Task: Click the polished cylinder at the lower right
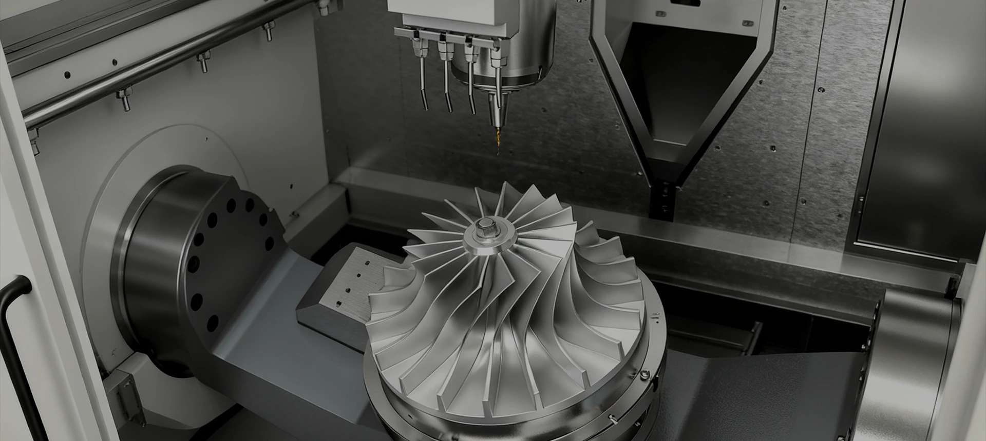(914, 359)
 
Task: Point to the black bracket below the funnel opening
(662, 200)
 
